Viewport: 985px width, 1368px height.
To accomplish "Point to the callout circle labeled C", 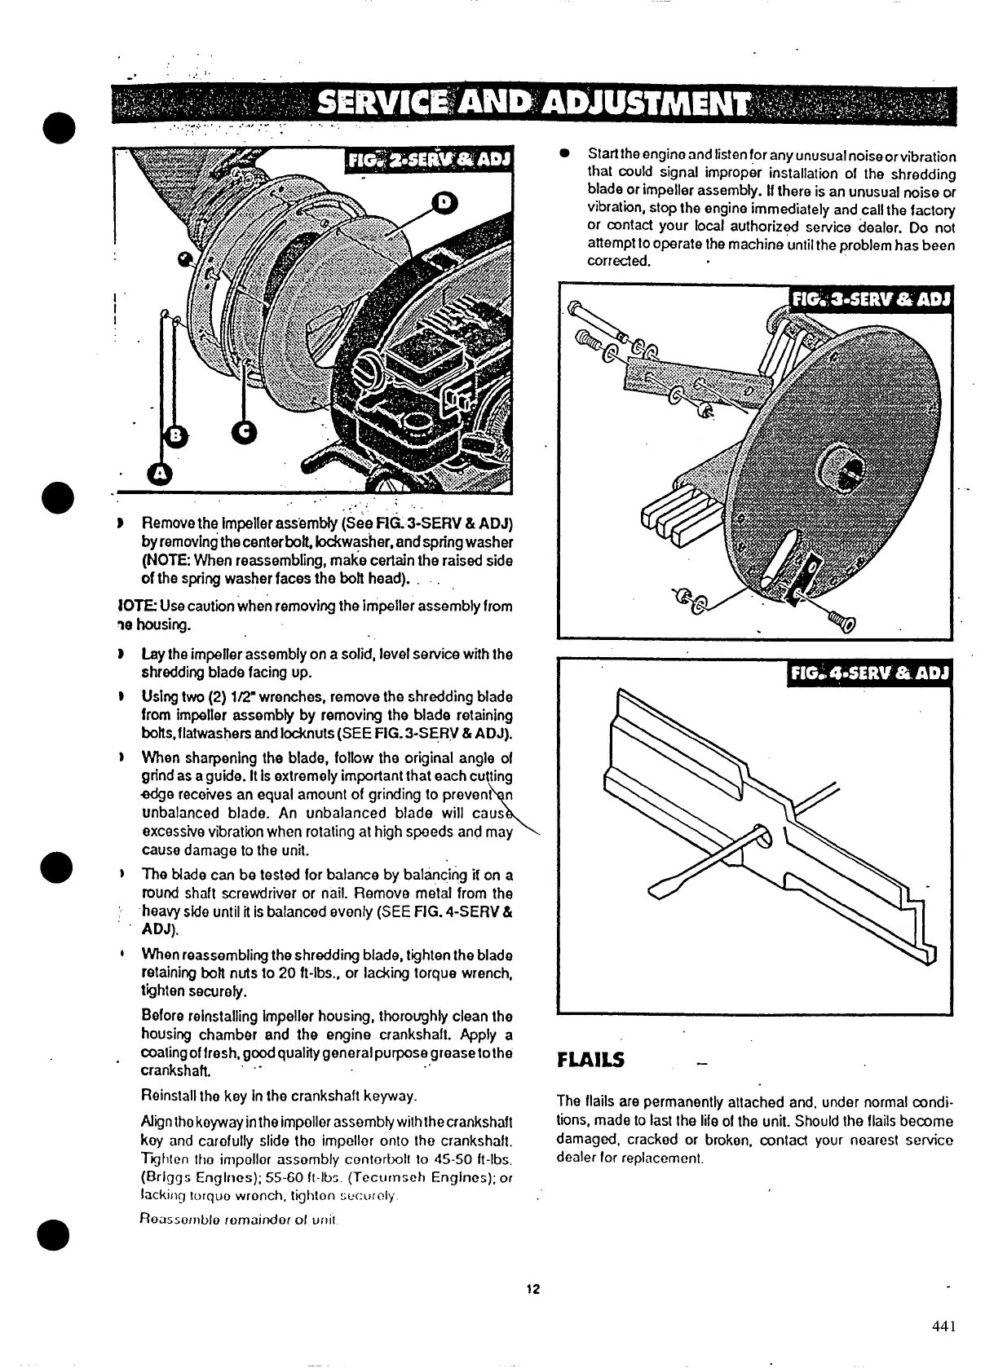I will [x=244, y=433].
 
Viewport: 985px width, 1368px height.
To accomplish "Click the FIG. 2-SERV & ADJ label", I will [x=427, y=160].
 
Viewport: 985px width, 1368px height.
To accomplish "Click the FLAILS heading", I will [x=590, y=1060].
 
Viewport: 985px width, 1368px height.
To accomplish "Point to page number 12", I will [x=533, y=1289].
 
